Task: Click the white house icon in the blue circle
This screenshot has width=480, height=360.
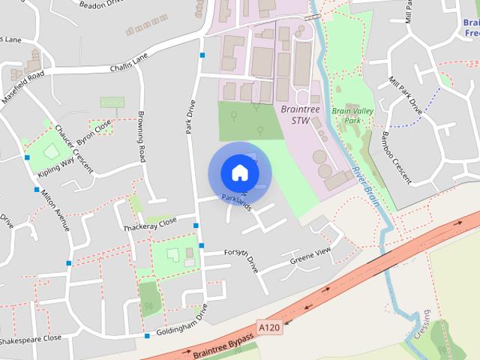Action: [x=239, y=172]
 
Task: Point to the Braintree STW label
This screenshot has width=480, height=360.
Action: [x=295, y=115]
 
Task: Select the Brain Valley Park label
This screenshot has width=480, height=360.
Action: [x=352, y=115]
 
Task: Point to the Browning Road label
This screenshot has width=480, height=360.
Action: [x=140, y=136]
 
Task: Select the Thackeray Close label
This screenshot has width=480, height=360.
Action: [x=150, y=223]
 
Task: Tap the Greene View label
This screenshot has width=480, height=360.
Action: [x=310, y=256]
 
